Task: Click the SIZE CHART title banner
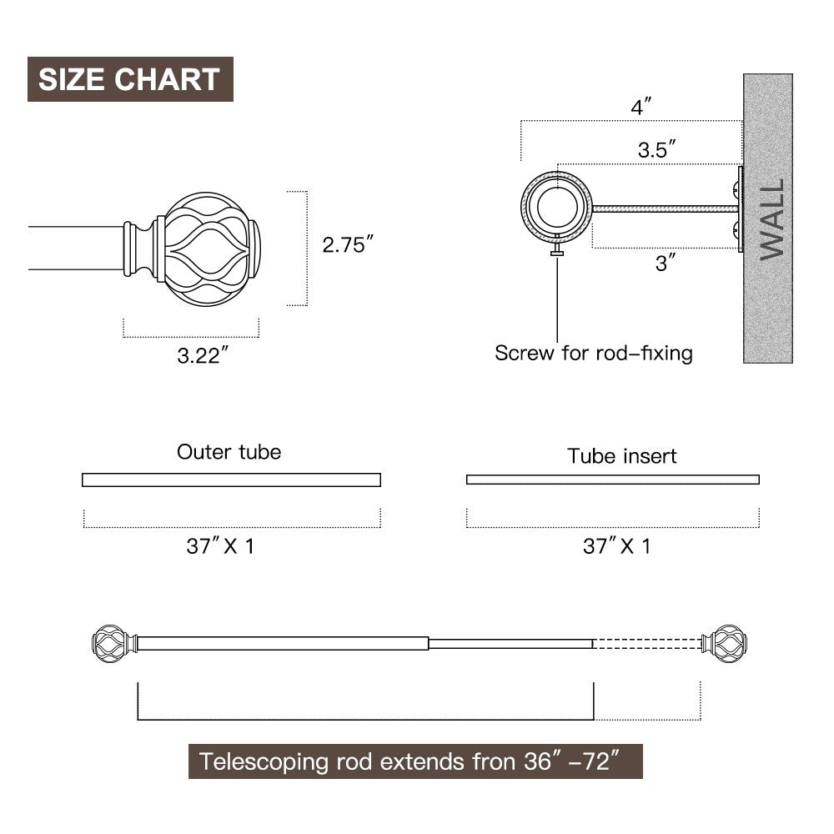tap(130, 78)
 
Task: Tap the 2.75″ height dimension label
tap(348, 244)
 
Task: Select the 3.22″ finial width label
tap(203, 355)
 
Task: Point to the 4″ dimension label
tap(641, 107)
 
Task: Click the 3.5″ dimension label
tap(657, 149)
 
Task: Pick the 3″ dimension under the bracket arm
tap(666, 263)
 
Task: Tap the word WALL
tap(772, 219)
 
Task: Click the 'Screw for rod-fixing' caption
tap(594, 353)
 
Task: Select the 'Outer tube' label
tap(229, 452)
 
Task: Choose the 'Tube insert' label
tap(622, 456)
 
